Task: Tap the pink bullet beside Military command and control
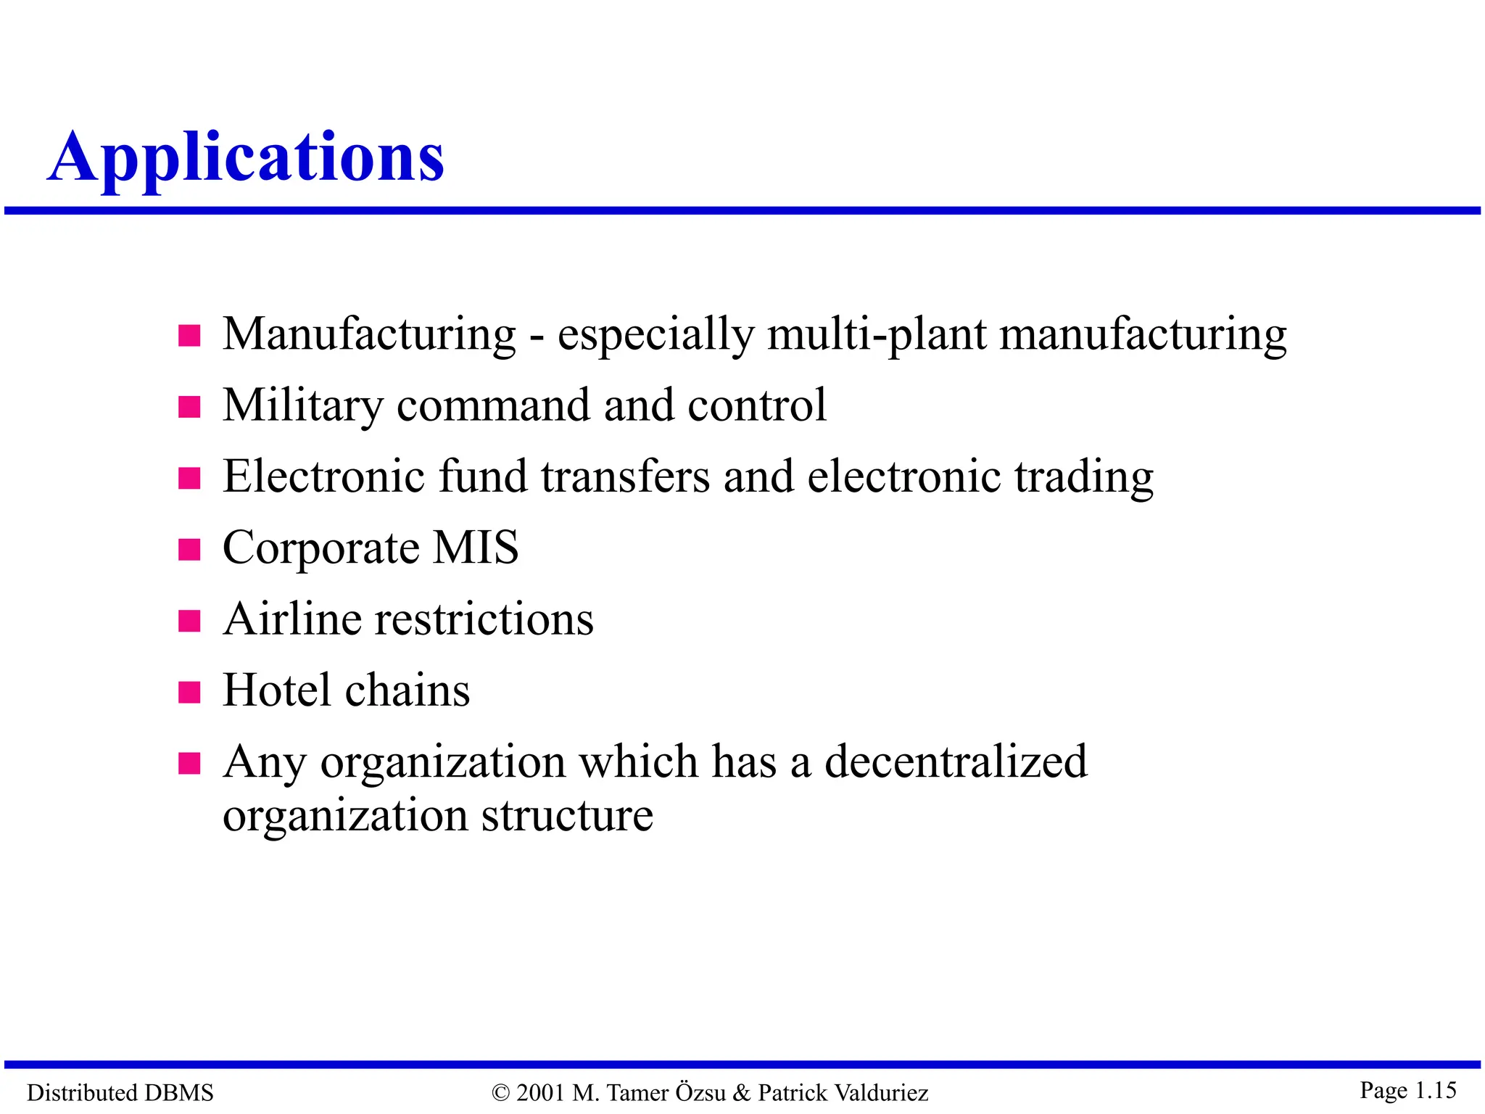[189, 407]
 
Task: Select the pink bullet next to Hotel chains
[189, 692]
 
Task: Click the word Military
[302, 405]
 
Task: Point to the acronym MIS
[476, 548]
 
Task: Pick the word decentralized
[956, 762]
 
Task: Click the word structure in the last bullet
[567, 816]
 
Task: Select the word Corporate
[320, 548]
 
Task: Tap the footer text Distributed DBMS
[120, 1092]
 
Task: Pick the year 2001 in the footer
[541, 1092]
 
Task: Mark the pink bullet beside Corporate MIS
[189, 550]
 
